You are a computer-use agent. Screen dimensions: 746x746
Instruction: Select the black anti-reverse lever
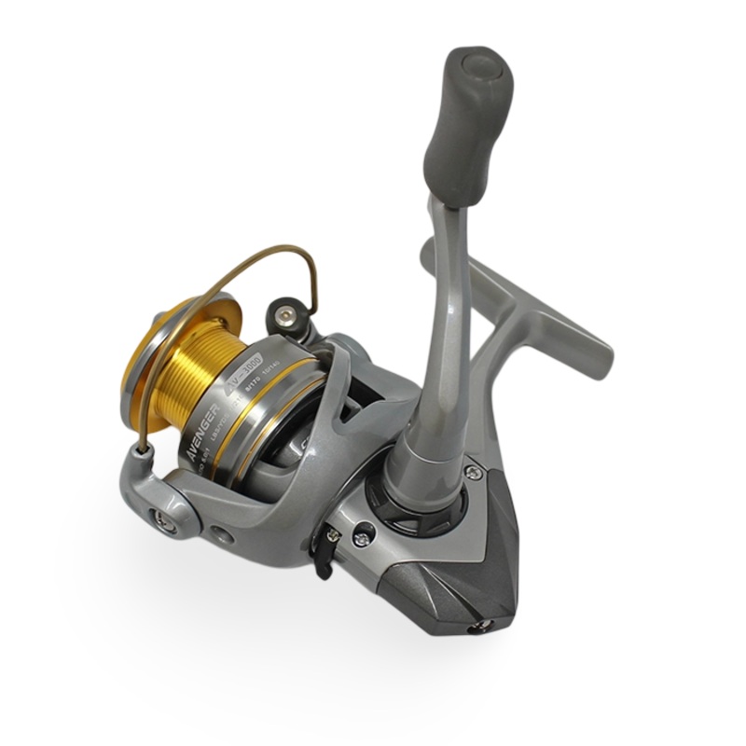326,550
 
